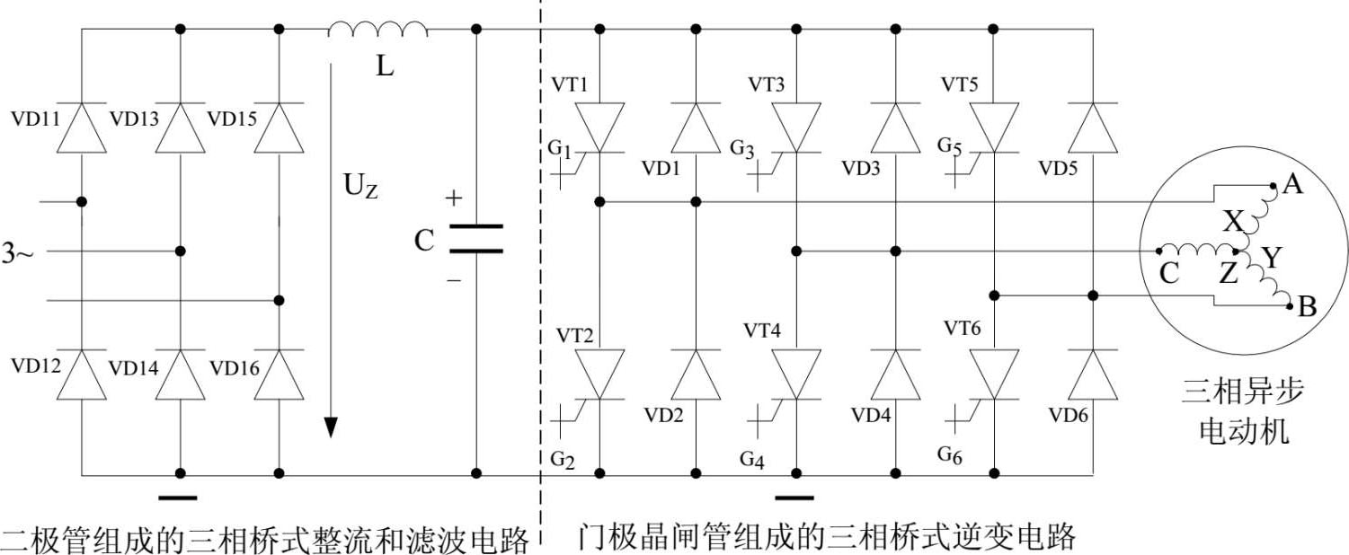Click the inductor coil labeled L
pos(377,31)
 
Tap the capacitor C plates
pos(475,238)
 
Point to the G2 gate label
pos(562,460)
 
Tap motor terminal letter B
pos(1308,308)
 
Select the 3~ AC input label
pos(17,254)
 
